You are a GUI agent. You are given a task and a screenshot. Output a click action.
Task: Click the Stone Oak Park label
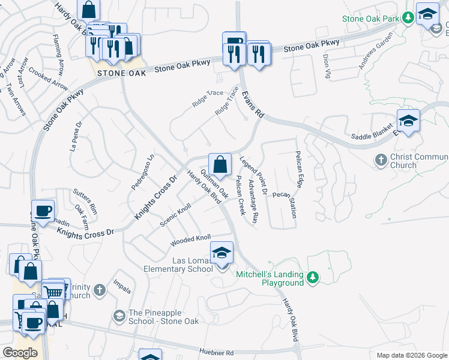click(370, 19)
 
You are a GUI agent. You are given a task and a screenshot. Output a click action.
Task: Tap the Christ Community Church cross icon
click(380, 160)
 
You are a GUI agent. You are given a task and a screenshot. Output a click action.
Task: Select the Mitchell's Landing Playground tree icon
click(312, 277)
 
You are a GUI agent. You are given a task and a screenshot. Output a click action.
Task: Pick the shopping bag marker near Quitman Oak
click(220, 164)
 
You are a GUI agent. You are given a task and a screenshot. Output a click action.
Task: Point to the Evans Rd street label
click(253, 104)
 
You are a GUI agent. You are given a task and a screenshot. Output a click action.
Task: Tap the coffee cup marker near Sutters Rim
click(43, 212)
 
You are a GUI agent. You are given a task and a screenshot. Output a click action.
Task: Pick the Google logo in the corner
click(20, 353)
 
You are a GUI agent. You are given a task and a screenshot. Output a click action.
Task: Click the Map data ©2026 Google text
click(411, 355)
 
